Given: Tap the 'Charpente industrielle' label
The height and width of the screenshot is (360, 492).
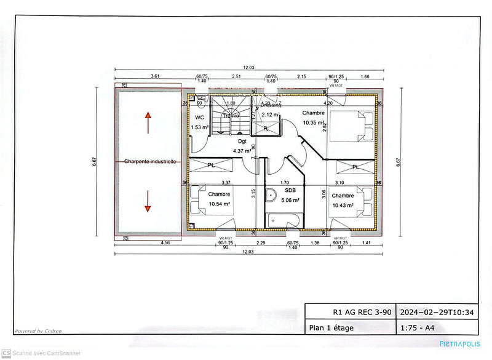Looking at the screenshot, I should click(x=150, y=162).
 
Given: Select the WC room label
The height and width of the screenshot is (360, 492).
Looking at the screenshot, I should click(x=199, y=118).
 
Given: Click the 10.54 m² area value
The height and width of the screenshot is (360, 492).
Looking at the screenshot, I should click(x=219, y=204).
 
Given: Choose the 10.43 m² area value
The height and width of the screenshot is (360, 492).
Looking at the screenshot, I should click(x=343, y=205).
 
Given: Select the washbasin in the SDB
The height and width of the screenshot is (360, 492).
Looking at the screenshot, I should click(x=271, y=195).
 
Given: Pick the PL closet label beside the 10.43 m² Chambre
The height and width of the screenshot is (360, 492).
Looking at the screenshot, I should click(x=355, y=167).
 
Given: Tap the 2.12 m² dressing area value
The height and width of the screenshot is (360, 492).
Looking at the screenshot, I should click(x=271, y=114).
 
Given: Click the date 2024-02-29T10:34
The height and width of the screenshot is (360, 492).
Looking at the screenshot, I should click(x=437, y=312).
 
